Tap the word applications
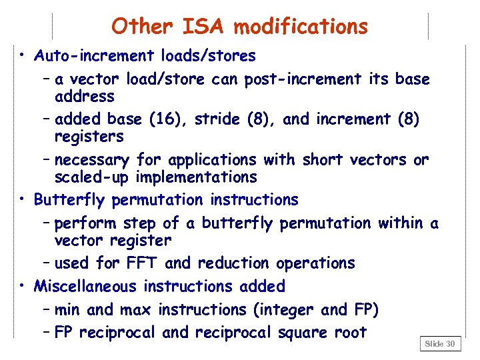click(212, 160)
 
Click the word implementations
click(196, 177)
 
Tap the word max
click(134, 310)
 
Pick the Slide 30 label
click(440, 343)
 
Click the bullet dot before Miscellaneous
click(23, 285)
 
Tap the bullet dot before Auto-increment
click(23, 54)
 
